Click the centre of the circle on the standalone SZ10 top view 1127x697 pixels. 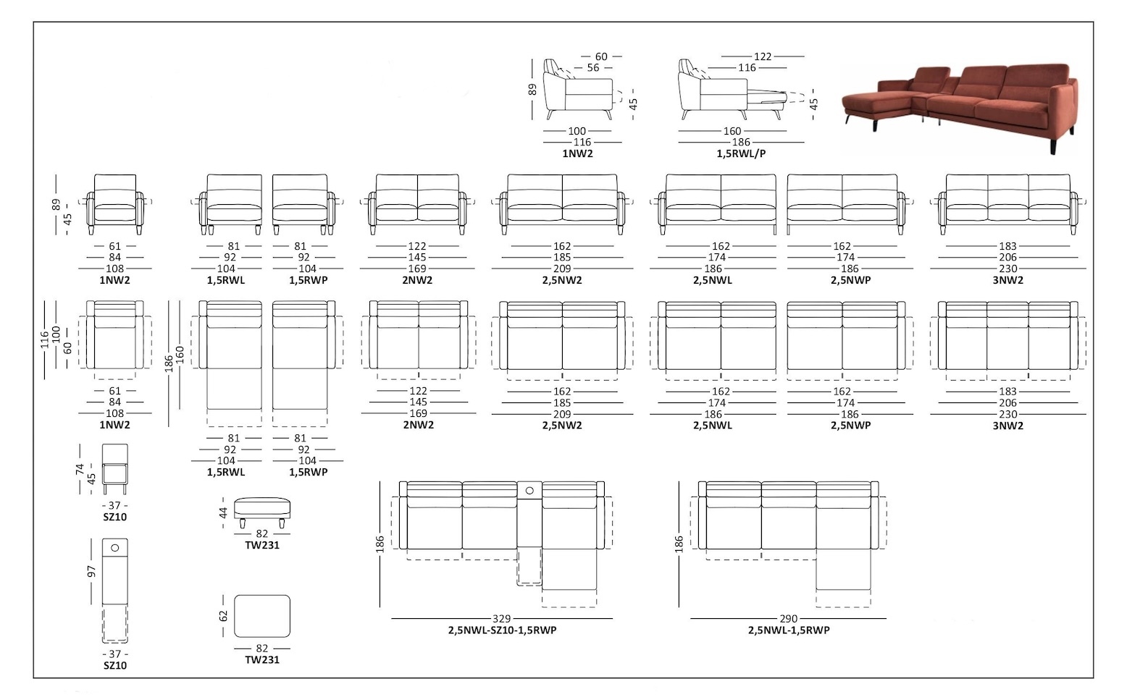coord(114,548)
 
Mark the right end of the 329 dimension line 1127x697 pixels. coord(613,619)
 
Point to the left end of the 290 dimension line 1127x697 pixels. coord(690,619)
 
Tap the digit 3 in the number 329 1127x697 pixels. coord(495,619)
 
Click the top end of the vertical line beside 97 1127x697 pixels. coord(91,539)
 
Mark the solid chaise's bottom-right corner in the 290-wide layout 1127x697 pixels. coord(871,589)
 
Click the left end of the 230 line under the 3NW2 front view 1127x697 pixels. coord(930,269)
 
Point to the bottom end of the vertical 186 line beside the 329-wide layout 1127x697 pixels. coord(380,607)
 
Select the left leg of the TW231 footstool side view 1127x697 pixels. coord(243,523)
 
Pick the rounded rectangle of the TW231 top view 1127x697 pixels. coord(262,616)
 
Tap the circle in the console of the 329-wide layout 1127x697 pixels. coord(529,490)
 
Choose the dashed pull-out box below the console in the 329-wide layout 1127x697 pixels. coord(529,567)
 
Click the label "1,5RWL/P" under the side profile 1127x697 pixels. coord(741,154)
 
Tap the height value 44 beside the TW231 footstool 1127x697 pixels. coord(223,512)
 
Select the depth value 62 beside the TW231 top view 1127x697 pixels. coord(223,616)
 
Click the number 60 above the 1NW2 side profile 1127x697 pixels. coord(601,56)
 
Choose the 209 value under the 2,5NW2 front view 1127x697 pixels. coord(562,269)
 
